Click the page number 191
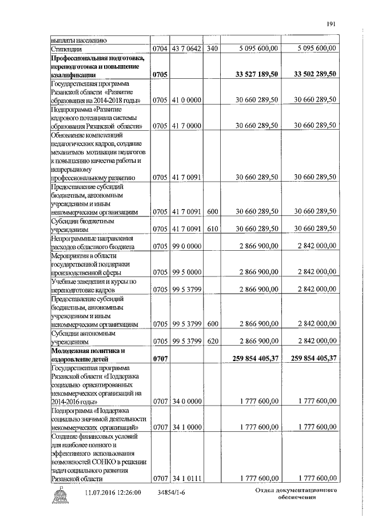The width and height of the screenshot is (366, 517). (331, 23)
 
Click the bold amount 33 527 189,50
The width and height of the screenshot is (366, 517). (257, 74)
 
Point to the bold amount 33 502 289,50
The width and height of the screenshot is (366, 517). (314, 74)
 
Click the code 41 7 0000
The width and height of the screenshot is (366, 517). (186, 126)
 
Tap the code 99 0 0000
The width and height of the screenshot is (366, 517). (186, 247)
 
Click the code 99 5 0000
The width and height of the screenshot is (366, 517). (186, 272)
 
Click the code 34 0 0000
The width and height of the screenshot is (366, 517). (186, 402)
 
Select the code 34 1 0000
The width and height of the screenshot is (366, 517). (186, 427)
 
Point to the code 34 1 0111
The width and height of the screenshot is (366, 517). (186, 478)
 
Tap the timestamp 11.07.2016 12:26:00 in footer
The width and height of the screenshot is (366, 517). (113, 492)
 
